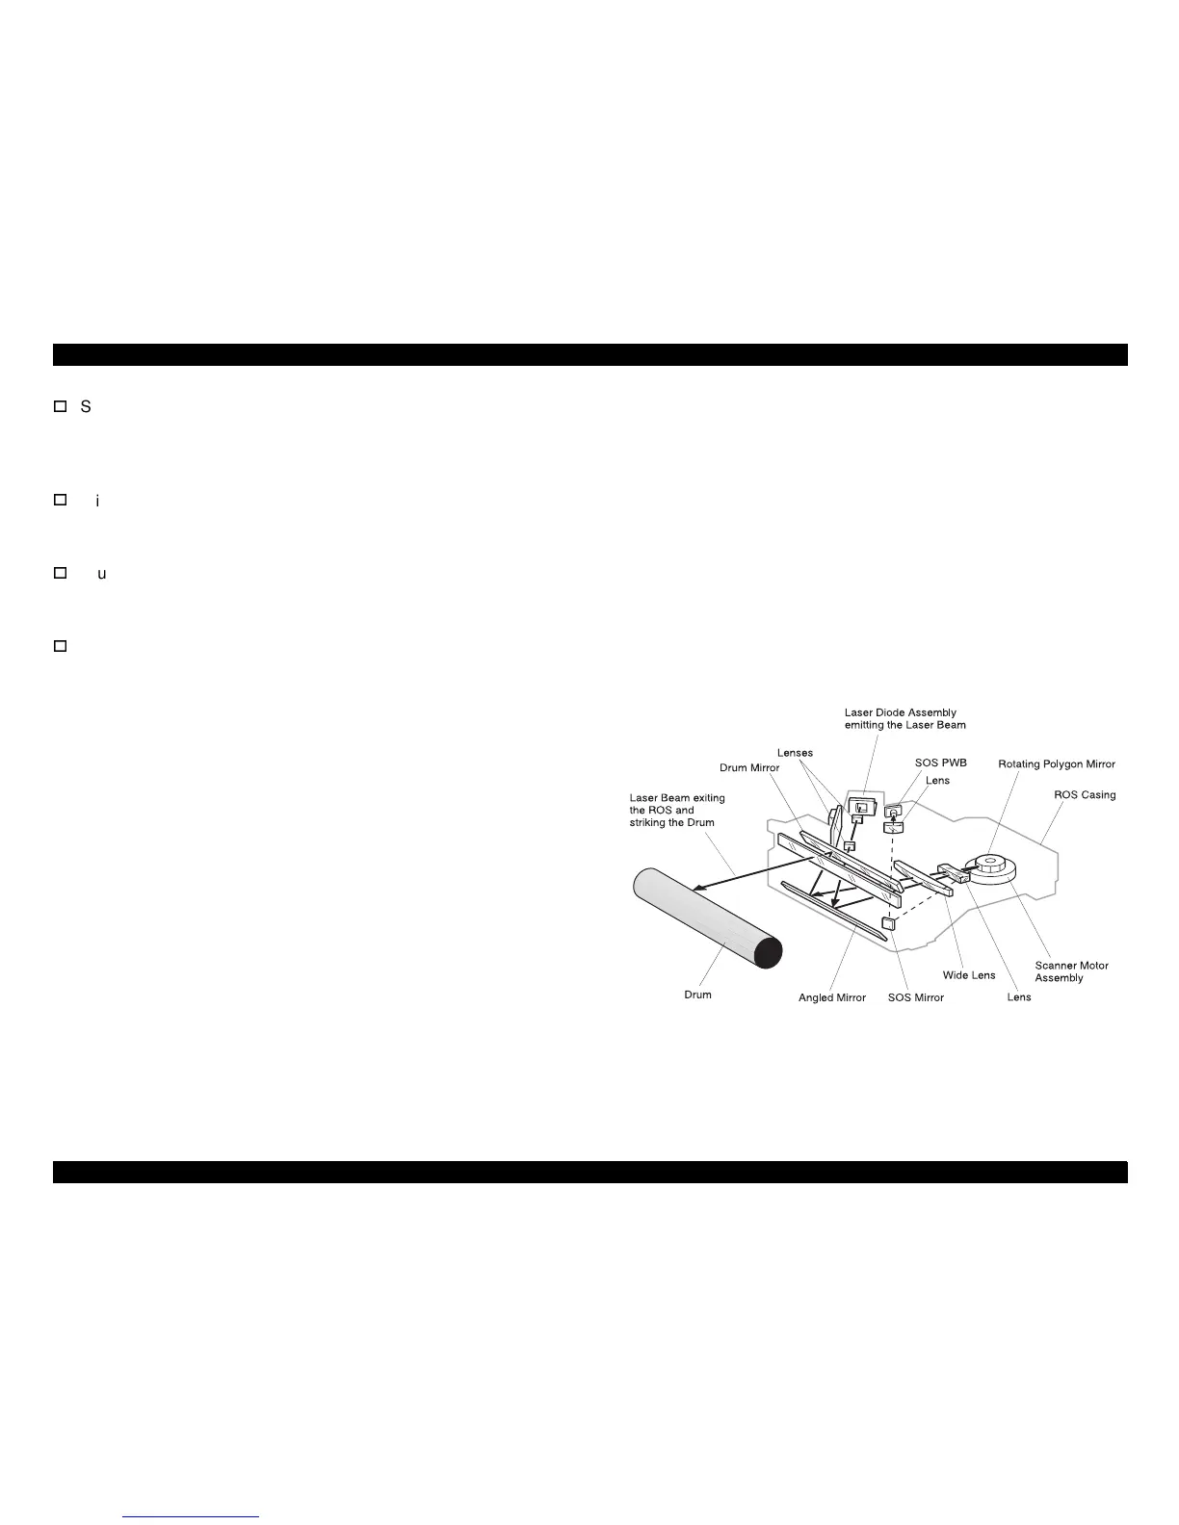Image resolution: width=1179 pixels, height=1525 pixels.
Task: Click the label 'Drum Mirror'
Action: click(x=749, y=767)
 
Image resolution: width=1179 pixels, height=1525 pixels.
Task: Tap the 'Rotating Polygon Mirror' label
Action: click(x=1056, y=764)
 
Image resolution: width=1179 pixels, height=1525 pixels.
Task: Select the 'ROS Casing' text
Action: click(x=1085, y=795)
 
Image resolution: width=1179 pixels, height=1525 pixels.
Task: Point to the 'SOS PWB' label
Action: click(x=940, y=762)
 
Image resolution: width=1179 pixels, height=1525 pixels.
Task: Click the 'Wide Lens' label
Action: click(x=968, y=975)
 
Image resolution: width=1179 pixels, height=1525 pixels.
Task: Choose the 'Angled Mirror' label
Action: click(x=832, y=997)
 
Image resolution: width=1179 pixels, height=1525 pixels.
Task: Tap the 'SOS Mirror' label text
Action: click(x=915, y=997)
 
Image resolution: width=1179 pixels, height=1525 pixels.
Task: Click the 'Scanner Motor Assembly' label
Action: click(x=1071, y=971)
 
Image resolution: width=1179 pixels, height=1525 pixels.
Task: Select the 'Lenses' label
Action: click(x=795, y=753)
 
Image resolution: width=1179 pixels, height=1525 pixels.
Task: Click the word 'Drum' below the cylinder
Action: click(x=697, y=995)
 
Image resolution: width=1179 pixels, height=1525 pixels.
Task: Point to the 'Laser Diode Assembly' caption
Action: click(x=900, y=719)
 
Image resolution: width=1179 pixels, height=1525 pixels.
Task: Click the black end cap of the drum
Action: click(x=768, y=952)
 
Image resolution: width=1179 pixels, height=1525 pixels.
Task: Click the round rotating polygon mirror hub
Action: click(x=990, y=861)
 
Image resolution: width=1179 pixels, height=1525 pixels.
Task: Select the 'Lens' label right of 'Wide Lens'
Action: click(x=1018, y=997)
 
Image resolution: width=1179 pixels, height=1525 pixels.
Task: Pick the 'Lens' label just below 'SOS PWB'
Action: click(x=937, y=781)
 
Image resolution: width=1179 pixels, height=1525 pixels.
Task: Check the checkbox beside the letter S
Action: click(x=60, y=407)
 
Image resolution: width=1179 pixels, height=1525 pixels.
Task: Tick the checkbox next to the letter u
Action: click(x=60, y=573)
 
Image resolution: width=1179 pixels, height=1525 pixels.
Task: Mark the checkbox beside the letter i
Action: click(x=60, y=500)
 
